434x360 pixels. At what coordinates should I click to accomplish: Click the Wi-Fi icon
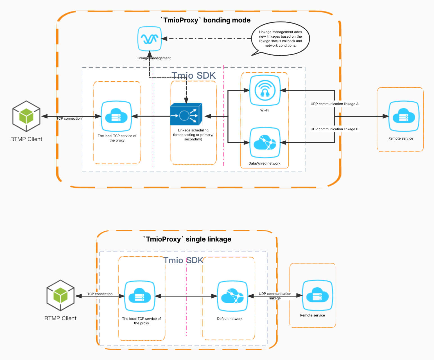[x=265, y=90]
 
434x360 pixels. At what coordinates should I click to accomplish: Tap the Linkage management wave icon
[x=150, y=38]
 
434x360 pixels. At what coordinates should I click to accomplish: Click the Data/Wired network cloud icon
[x=265, y=142]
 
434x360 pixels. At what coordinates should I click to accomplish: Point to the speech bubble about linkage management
[x=280, y=39]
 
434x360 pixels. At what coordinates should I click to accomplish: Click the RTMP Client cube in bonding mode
[x=26, y=116]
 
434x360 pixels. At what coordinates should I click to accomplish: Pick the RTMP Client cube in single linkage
[x=60, y=295]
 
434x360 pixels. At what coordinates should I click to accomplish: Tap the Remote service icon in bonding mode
[x=404, y=116]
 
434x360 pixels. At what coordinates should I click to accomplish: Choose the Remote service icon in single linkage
[x=317, y=295]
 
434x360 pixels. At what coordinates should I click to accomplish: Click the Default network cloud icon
[x=232, y=296]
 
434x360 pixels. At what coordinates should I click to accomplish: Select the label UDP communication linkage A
[x=334, y=104]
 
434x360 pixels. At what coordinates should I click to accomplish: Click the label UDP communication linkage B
[x=334, y=129]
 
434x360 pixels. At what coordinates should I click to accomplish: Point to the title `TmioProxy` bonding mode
[x=205, y=20]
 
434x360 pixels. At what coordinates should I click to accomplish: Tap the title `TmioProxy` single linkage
[x=187, y=239]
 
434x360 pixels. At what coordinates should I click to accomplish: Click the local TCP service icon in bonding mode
[x=116, y=116]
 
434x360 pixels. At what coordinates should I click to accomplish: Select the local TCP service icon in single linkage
[x=140, y=296]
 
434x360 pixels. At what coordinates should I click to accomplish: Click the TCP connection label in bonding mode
[x=69, y=119]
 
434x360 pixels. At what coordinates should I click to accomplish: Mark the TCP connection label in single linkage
[x=100, y=294]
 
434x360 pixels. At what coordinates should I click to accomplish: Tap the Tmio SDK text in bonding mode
[x=194, y=76]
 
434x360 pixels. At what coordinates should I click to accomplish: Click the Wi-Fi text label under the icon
[x=265, y=110]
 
